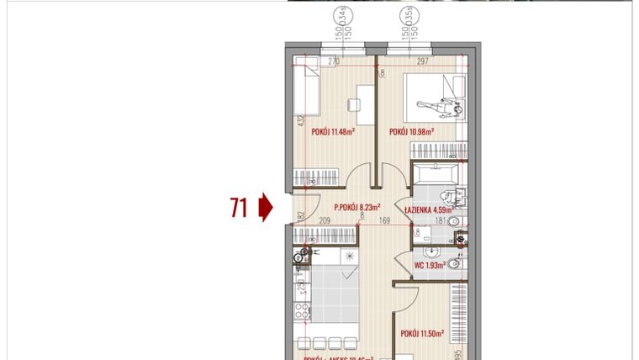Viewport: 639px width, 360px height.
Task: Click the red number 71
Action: click(x=239, y=207)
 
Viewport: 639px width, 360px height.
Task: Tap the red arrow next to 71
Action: click(x=266, y=207)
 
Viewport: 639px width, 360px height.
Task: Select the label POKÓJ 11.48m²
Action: click(x=334, y=132)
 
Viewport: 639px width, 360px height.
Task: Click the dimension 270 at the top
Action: click(x=333, y=61)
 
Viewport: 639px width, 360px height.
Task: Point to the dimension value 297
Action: click(x=422, y=61)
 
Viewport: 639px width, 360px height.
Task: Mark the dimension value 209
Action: click(x=325, y=222)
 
